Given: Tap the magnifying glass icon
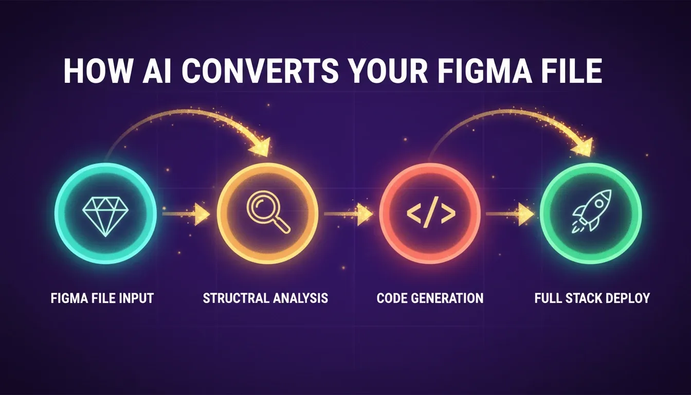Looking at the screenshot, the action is click(x=268, y=212).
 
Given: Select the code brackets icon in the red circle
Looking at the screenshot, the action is click(x=431, y=212).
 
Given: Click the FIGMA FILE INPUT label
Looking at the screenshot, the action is click(x=102, y=298).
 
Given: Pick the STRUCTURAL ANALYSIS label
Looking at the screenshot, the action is click(x=265, y=298).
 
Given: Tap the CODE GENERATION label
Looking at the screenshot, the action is click(x=430, y=298).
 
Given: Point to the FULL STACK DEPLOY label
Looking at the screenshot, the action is click(x=592, y=298).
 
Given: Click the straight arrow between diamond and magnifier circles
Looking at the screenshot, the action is click(x=186, y=213).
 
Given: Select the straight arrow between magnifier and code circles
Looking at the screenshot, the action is click(x=348, y=213).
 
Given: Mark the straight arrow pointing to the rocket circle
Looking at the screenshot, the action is click(x=510, y=213).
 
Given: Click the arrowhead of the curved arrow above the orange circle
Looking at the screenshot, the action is click(x=260, y=147).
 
